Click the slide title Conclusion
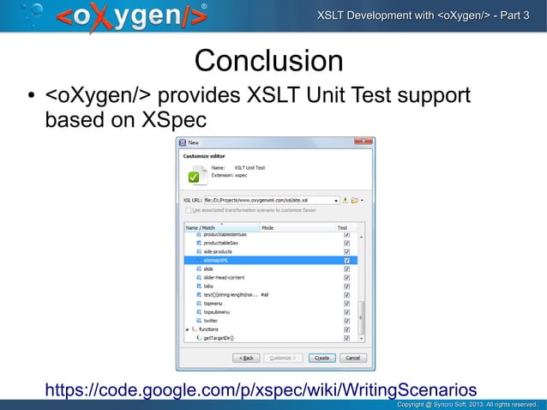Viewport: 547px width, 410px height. [x=268, y=61]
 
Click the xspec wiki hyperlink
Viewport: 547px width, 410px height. [x=260, y=390]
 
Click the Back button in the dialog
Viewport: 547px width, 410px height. [x=246, y=358]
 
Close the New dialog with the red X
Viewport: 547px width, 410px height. [x=364, y=142]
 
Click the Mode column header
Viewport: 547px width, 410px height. [x=267, y=227]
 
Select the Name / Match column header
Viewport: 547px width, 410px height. [x=202, y=227]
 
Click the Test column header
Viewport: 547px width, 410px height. [x=342, y=227]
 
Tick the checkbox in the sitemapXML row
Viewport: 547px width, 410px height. [x=346, y=260]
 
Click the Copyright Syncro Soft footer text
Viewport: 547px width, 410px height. [x=466, y=403]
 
